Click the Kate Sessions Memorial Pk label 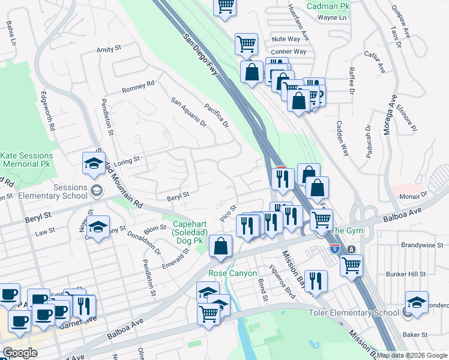click(26, 160)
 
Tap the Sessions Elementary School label click(45, 191)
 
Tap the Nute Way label click(286, 38)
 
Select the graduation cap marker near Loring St click(94, 163)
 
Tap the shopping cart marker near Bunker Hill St click(351, 264)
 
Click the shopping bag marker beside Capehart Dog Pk click(221, 246)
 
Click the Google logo click(20, 353)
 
